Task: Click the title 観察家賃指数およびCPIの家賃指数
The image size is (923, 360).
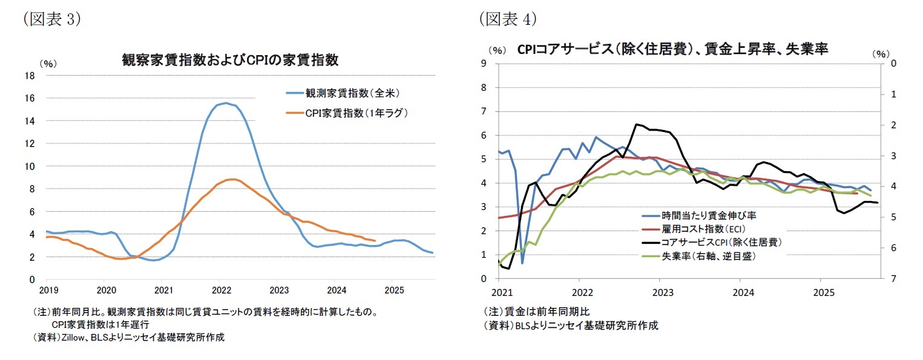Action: pos(230,61)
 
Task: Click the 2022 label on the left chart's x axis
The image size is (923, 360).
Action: pos(222,290)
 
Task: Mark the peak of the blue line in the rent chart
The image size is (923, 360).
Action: pos(225,103)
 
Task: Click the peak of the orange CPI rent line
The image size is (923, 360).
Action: pos(231,179)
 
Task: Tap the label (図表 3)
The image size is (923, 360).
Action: pos(51,19)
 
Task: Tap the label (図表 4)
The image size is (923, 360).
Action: pos(508,19)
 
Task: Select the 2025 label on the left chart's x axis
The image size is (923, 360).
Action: pos(394,290)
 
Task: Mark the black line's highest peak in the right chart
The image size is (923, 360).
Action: pos(636,125)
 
